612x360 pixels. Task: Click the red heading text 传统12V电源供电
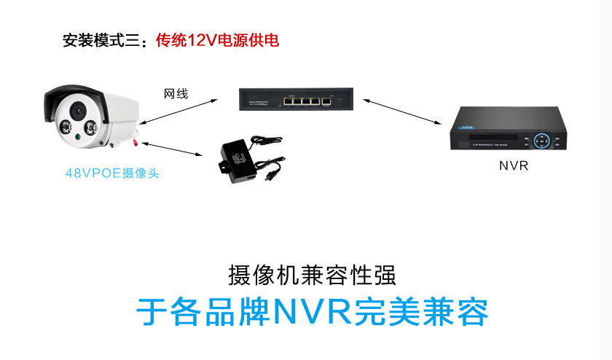pos(217,40)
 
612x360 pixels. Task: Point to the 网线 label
pos(176,94)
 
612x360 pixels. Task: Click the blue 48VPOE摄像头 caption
pos(111,173)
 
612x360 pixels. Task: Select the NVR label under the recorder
pos(513,165)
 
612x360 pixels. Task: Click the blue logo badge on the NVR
pos(464,124)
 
